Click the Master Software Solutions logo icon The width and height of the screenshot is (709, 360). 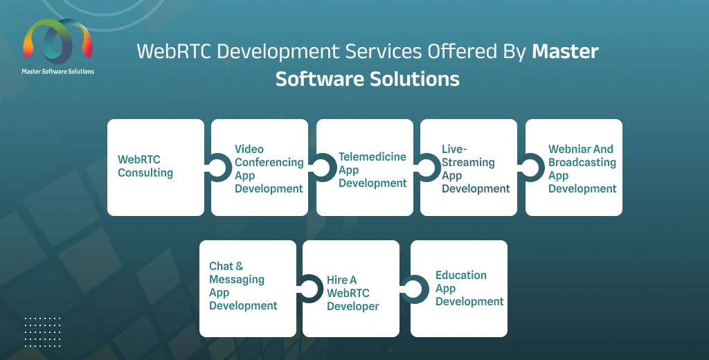click(58, 42)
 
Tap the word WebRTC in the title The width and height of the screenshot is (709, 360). click(174, 51)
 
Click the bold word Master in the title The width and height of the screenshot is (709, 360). click(565, 51)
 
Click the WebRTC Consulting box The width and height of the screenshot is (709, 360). click(156, 168)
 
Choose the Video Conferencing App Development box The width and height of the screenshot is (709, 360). click(260, 168)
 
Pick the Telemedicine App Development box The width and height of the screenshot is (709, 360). click(364, 168)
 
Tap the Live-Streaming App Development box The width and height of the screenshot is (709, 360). click(469, 168)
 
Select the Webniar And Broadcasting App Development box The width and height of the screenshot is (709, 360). click(574, 168)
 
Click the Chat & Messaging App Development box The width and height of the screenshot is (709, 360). click(248, 289)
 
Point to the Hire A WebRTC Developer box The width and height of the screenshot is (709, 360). click(351, 289)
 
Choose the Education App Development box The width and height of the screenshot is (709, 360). click(459, 289)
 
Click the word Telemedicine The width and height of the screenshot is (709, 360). click(373, 157)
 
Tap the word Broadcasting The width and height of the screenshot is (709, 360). click(582, 163)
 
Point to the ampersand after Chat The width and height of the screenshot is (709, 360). click(239, 266)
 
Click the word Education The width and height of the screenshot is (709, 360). click(461, 275)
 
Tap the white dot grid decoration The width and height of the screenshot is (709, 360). click(42, 332)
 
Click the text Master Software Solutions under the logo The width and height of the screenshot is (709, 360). click(58, 71)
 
